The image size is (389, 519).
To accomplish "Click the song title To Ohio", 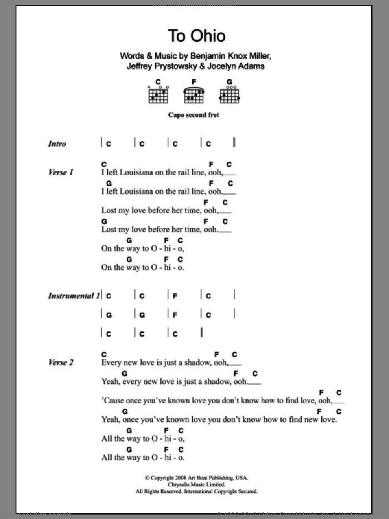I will click(x=197, y=36).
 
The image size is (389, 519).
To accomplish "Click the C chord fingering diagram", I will click(x=158, y=93).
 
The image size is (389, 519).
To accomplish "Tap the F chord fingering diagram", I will click(x=193, y=93).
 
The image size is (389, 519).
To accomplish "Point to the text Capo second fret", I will click(x=194, y=116).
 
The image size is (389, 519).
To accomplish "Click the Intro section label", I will click(x=57, y=144).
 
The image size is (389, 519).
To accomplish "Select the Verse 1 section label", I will click(x=61, y=172).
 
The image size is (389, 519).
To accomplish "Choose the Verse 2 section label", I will click(x=61, y=363).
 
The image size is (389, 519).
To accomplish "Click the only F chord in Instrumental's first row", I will click(x=174, y=296).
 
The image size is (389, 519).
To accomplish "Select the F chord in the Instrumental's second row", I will click(x=174, y=315).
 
